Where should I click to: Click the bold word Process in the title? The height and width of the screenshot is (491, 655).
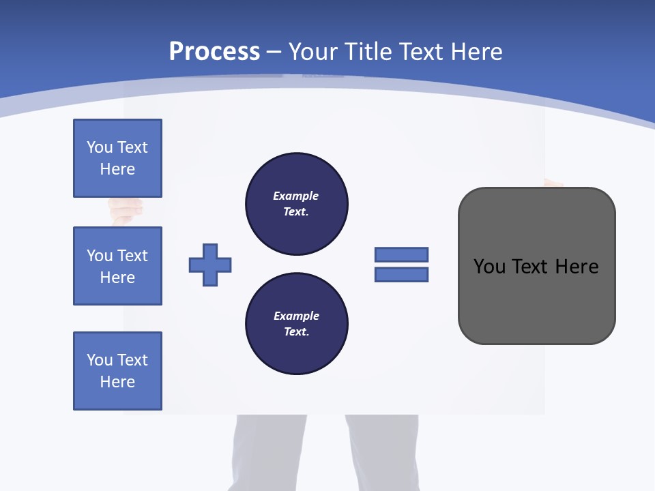(x=214, y=52)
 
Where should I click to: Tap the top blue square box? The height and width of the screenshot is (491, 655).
(x=117, y=158)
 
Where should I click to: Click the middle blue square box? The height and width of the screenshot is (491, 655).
(x=117, y=266)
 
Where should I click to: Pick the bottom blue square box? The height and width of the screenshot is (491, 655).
(x=117, y=371)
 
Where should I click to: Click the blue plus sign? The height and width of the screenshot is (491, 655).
(x=210, y=265)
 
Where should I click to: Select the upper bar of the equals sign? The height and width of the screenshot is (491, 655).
(x=401, y=254)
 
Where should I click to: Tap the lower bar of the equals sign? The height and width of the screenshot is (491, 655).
(x=401, y=274)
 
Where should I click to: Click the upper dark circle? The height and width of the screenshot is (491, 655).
(x=296, y=203)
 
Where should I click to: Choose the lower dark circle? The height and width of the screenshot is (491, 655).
(x=296, y=323)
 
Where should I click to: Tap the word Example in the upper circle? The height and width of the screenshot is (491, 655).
(x=296, y=196)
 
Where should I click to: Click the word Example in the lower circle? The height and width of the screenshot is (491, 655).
(x=296, y=316)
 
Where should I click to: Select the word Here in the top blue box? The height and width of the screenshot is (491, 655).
(x=117, y=169)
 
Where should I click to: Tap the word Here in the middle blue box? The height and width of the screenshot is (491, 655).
(x=117, y=278)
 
